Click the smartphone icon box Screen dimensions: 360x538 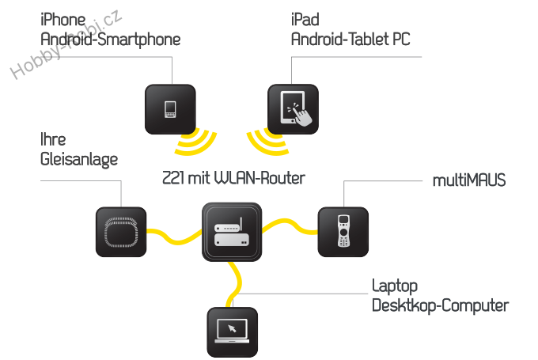point(169,108)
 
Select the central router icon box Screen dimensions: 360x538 point(232,231)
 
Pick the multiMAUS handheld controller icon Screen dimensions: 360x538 point(342,231)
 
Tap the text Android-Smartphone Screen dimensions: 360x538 point(110,39)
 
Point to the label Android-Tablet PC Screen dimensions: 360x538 point(350,39)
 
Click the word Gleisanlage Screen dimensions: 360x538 point(78,159)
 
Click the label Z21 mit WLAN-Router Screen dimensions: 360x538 point(233,177)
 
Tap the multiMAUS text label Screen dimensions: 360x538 point(468,181)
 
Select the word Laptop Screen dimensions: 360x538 point(394,286)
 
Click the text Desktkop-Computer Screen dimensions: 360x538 point(440,305)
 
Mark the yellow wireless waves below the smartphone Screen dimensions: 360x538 point(195,145)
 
